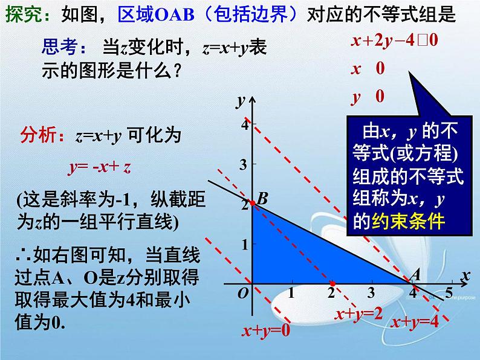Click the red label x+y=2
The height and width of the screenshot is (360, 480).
[x=360, y=314]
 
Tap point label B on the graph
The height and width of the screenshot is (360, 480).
[x=262, y=199]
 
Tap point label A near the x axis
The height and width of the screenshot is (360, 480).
[x=415, y=274]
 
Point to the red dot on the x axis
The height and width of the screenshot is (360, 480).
[x=332, y=283]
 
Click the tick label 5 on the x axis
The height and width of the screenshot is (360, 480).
[x=448, y=294]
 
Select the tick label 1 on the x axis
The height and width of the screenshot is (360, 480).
[x=291, y=294]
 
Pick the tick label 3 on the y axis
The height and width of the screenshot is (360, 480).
[x=244, y=164]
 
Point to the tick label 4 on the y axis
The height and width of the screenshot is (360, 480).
[x=244, y=125]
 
